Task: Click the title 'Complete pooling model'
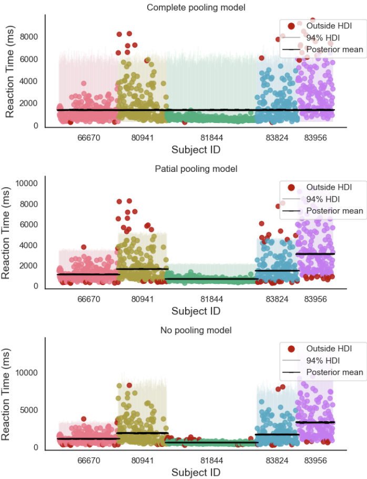[196, 7]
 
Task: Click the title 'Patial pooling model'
[196, 169]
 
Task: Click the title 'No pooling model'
[196, 330]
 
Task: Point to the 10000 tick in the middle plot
[27, 184]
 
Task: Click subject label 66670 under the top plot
[89, 137]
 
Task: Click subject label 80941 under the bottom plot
[142, 460]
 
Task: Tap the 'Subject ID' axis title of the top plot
[196, 150]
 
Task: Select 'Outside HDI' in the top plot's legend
[329, 25]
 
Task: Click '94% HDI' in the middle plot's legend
[324, 199]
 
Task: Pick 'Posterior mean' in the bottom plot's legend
[334, 372]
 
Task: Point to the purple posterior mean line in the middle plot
[316, 253]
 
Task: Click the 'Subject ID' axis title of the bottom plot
[196, 472]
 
